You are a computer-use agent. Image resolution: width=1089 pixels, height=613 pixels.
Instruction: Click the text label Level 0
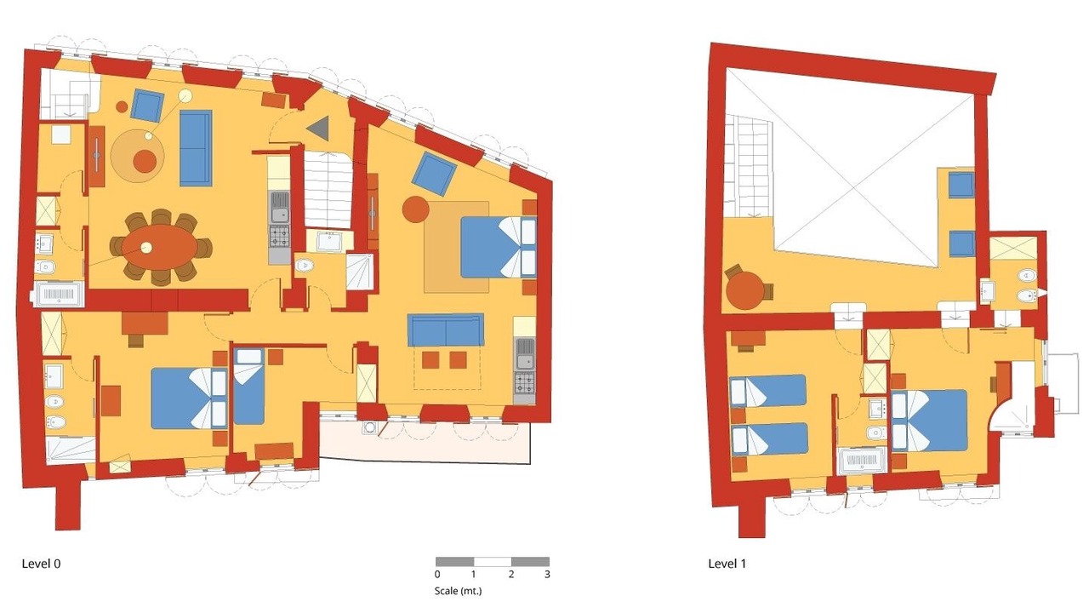pyautogui.click(x=42, y=564)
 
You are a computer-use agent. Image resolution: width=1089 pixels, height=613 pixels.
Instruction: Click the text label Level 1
pyautogui.click(x=727, y=564)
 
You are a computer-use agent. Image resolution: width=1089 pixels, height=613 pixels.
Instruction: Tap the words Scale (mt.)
pyautogui.click(x=458, y=591)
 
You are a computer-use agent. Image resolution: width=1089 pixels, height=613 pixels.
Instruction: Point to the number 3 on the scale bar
pyautogui.click(x=547, y=575)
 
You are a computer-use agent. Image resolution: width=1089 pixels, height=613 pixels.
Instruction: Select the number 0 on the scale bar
pyautogui.click(x=437, y=575)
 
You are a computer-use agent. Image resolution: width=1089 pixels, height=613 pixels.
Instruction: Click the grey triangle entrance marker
pyautogui.click(x=318, y=128)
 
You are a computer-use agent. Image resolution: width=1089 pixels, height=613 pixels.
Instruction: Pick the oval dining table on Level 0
pyautogui.click(x=159, y=247)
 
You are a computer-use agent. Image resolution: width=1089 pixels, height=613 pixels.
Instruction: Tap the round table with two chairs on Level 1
pyautogui.click(x=744, y=290)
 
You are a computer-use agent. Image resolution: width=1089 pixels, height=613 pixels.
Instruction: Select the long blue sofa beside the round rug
pyautogui.click(x=196, y=148)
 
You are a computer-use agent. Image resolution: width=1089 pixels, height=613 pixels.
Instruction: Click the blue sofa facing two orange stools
pyautogui.click(x=446, y=329)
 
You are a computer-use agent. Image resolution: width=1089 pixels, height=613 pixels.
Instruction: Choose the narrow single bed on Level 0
pyautogui.click(x=248, y=387)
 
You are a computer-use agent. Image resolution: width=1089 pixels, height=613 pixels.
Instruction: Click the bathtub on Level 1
pyautogui.click(x=863, y=460)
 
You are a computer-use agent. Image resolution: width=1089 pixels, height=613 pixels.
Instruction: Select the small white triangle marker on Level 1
pyautogui.click(x=1040, y=294)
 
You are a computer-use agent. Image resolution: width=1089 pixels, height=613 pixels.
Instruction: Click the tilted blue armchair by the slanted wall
pyautogui.click(x=434, y=174)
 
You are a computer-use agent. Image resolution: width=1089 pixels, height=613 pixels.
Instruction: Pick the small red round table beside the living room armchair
pyautogui.click(x=122, y=106)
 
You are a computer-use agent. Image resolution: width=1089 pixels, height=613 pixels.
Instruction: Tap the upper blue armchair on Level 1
pyautogui.click(x=961, y=185)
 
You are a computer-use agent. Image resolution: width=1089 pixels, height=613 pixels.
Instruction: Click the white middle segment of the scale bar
pyautogui.click(x=493, y=561)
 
